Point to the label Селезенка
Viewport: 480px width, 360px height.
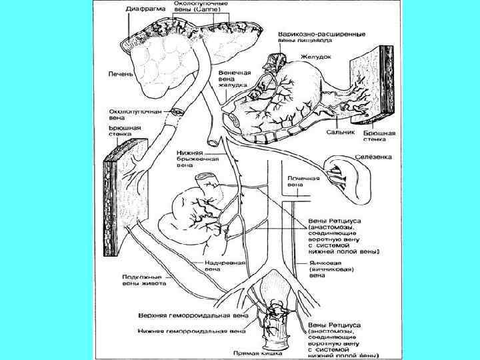[x=373, y=157]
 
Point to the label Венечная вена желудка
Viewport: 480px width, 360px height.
[x=234, y=78]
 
